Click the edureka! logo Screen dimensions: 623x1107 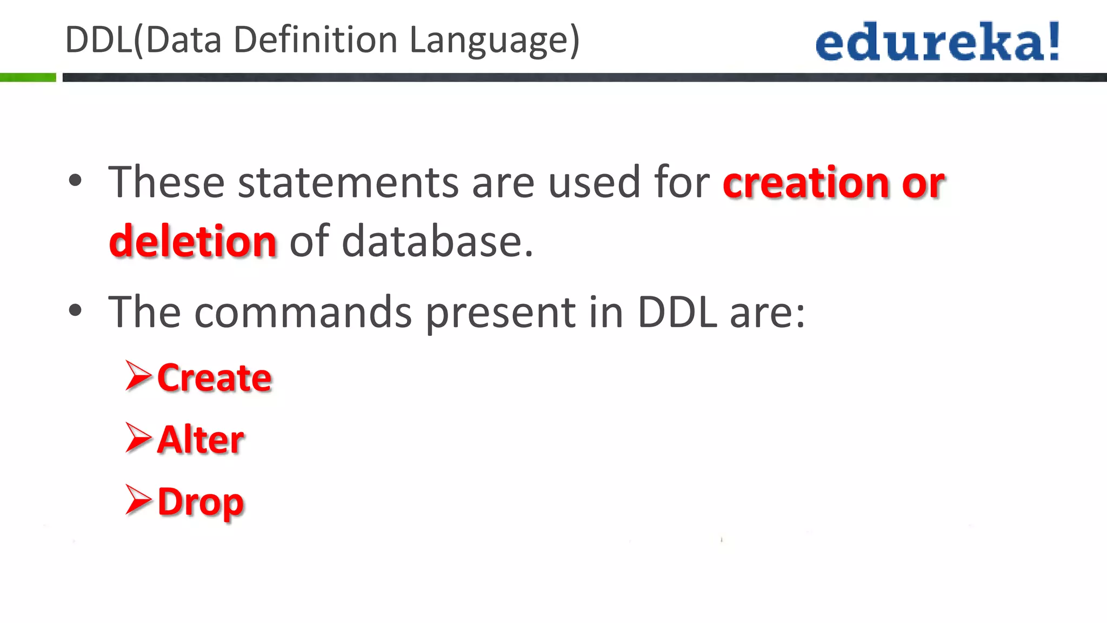point(937,41)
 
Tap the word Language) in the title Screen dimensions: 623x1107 point(494,41)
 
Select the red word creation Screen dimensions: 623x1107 point(805,182)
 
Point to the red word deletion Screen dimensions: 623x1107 point(193,241)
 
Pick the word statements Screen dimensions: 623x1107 point(348,182)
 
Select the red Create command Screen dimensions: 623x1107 point(214,377)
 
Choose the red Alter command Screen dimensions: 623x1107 point(201,439)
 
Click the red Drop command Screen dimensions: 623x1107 point(201,502)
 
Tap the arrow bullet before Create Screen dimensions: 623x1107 point(138,375)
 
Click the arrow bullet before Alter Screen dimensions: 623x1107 point(138,438)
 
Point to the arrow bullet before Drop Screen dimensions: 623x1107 point(138,500)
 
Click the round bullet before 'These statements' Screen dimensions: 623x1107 point(75,181)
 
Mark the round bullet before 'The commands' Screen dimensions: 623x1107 point(75,310)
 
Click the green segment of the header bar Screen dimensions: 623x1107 point(28,77)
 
